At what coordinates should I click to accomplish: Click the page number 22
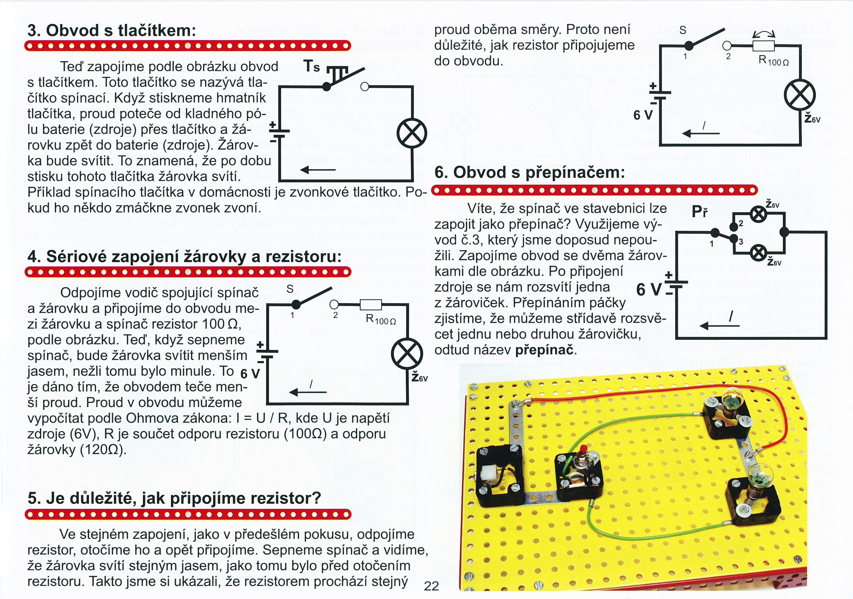point(431,586)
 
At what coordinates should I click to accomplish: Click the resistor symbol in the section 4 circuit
point(371,304)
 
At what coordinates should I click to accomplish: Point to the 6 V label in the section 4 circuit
point(250,374)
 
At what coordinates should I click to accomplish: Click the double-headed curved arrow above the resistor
point(764,35)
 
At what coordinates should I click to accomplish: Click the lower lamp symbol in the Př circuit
point(758,253)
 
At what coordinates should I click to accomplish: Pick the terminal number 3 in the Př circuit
point(740,242)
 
